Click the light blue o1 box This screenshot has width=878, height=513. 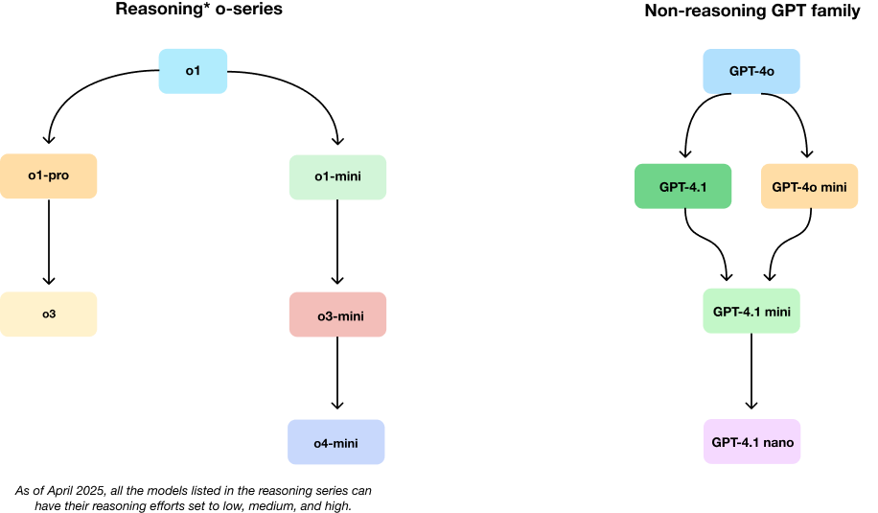click(193, 71)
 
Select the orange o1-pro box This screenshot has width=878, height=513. click(49, 175)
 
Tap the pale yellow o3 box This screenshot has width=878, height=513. click(49, 314)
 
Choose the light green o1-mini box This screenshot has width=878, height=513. click(337, 176)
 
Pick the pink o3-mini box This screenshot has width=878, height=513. click(337, 314)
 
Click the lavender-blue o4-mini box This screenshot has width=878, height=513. click(336, 442)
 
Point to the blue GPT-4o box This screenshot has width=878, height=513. click(751, 71)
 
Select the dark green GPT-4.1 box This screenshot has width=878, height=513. click(682, 186)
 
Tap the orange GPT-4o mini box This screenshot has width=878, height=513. click(810, 186)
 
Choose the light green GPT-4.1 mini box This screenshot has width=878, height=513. click(751, 311)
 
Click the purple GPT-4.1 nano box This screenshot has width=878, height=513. click(751, 442)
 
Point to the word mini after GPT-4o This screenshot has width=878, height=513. click(833, 186)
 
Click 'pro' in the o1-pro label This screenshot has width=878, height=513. click(58, 175)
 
